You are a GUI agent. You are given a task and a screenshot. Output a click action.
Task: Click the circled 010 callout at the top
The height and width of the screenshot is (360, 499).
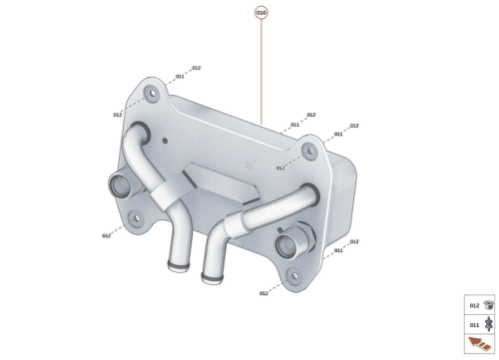click(x=261, y=13)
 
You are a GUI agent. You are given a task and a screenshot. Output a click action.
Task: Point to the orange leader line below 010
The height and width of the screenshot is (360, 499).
click(x=261, y=70)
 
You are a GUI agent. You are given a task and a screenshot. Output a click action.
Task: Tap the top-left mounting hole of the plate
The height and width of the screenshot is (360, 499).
click(x=151, y=95)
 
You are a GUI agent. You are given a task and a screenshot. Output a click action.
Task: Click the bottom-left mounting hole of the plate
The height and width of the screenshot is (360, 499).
click(x=134, y=215)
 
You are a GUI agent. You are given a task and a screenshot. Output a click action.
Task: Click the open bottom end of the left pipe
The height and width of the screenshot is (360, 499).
click(x=178, y=267)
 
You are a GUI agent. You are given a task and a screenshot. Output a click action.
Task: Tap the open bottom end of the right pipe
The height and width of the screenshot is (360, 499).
click(x=210, y=275)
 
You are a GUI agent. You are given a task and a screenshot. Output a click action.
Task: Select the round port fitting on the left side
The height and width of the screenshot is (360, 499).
click(x=118, y=185)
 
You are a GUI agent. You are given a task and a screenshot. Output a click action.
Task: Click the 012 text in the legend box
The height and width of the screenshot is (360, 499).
click(x=474, y=305)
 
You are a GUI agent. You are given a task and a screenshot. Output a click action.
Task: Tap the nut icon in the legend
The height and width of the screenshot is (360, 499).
click(x=488, y=305)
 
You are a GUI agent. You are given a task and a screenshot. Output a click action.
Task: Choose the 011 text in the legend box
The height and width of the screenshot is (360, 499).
click(x=474, y=324)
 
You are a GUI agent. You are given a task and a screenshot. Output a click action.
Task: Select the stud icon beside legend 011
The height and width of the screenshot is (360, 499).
click(x=488, y=324)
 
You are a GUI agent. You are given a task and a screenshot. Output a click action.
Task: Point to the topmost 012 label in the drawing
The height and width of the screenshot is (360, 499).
click(x=197, y=68)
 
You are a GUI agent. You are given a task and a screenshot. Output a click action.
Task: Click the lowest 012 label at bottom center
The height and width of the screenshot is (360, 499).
click(x=263, y=293)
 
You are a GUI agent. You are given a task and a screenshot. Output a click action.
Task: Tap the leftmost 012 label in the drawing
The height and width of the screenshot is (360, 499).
click(x=106, y=235)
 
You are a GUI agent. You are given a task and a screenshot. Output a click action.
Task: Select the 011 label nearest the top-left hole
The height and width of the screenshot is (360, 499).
click(x=180, y=76)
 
